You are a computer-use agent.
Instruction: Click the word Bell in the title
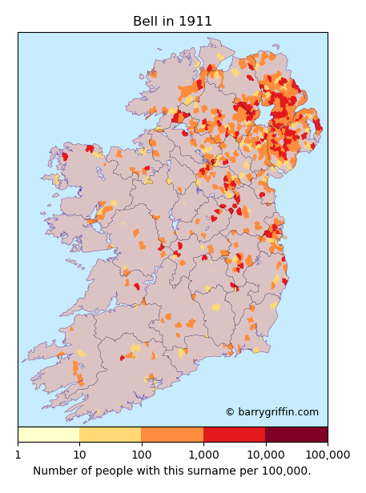146,22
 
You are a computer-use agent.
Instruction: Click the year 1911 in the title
196,22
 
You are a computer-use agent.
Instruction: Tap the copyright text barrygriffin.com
278,412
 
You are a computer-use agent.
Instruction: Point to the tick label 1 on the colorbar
18,455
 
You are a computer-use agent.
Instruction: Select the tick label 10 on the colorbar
79,455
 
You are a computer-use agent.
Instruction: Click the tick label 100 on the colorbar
141,455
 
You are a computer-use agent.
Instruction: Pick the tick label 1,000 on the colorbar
203,455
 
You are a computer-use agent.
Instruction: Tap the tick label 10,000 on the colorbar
265,455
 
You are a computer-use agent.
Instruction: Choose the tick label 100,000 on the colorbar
327,455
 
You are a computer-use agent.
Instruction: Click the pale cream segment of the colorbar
48,435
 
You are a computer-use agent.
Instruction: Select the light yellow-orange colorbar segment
111,435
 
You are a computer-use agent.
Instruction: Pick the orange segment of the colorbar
172,435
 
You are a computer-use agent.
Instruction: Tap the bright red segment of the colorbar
234,435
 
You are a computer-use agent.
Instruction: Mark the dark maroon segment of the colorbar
296,435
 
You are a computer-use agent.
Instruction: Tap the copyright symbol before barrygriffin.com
230,412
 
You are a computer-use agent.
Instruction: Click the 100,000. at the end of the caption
286,471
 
